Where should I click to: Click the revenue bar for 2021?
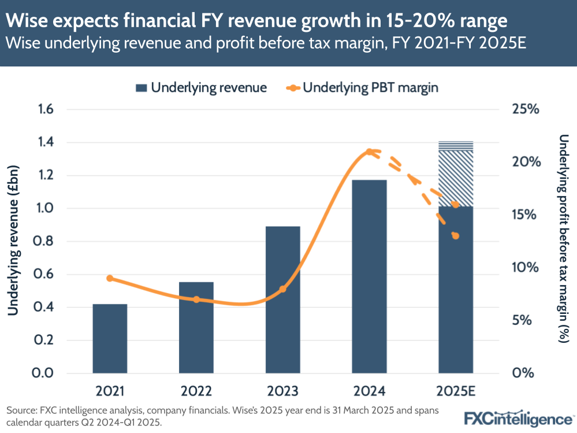pos(110,338)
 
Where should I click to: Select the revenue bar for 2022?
pos(196,327)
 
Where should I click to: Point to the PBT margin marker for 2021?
pos(110,279)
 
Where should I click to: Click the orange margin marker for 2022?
pos(196,299)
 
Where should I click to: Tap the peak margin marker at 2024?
pos(370,151)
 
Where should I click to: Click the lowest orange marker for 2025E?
pos(456,236)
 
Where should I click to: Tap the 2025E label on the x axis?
pos(456,391)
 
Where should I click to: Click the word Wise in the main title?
pos(28,21)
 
